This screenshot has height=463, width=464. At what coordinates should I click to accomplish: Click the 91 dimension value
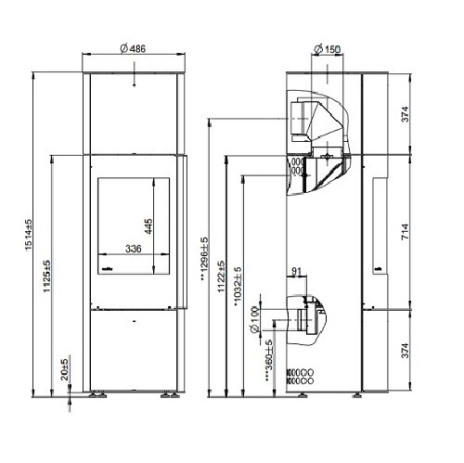point(296,273)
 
